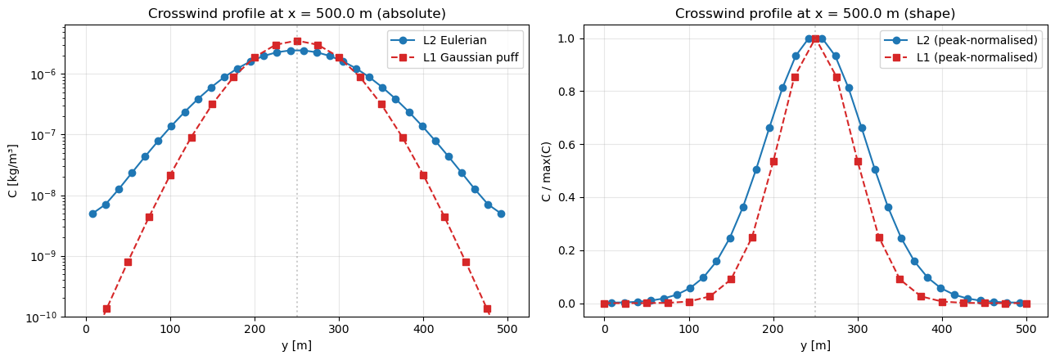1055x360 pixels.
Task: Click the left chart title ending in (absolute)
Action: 297,13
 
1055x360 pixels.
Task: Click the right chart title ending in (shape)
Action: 814,13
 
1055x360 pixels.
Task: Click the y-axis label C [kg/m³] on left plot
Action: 12,170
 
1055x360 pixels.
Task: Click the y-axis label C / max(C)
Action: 546,170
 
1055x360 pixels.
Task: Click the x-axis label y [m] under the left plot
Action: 297,346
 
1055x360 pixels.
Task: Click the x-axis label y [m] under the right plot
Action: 814,346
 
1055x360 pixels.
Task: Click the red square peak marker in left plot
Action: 297,41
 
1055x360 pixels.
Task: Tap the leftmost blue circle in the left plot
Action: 92,214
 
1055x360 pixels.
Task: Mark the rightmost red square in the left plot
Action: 487,308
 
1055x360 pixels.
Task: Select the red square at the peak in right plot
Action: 815,38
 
